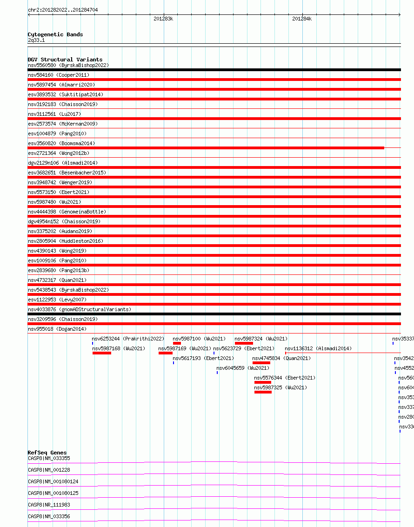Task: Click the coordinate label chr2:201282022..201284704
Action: point(63,10)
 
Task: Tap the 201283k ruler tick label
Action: point(163,19)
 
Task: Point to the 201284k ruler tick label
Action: point(302,19)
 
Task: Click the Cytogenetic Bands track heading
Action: point(55,34)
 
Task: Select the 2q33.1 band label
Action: point(36,40)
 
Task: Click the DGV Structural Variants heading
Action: point(65,60)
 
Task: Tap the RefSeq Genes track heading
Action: point(47,453)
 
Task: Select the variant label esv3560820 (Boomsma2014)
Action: point(61,143)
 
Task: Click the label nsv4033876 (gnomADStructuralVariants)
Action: point(80,309)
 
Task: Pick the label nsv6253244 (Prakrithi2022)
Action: point(128,339)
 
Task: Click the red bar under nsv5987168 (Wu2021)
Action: point(102,353)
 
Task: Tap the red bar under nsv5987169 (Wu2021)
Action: point(165,353)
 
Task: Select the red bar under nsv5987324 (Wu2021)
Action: point(244,343)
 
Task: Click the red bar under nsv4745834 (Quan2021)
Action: point(261,363)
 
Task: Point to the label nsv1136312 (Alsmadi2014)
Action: point(318,348)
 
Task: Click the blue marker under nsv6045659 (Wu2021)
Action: point(217,373)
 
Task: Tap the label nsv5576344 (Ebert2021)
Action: point(285,378)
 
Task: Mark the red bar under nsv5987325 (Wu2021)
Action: point(263,392)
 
